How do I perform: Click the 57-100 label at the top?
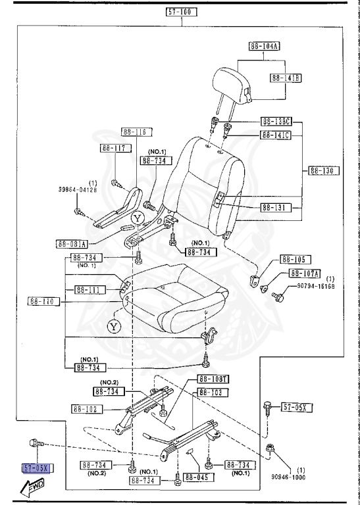182,12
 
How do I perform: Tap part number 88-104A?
265,46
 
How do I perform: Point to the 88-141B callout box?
286,78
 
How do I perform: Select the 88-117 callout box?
113,148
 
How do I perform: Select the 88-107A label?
304,274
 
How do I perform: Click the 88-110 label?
43,302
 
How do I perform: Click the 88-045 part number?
202,477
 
